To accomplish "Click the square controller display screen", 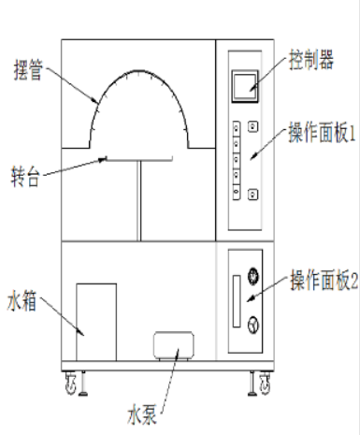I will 247,85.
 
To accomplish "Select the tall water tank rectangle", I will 97,321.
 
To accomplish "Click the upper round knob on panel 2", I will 252,277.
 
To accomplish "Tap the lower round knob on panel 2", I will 252,324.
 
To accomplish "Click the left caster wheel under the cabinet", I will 69,380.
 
